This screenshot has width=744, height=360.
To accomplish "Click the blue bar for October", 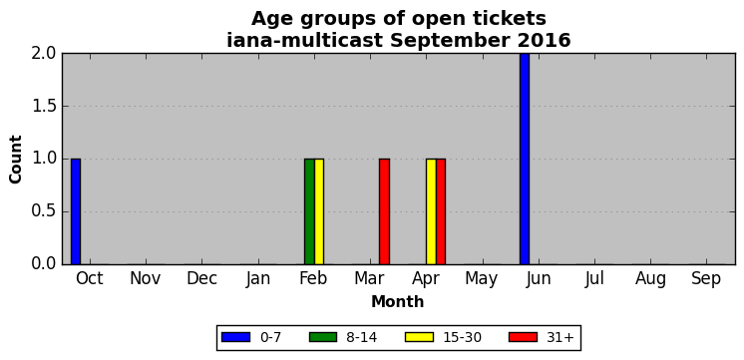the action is (76, 211).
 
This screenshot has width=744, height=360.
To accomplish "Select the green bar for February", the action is (309, 211).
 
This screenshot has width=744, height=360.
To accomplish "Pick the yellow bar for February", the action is (319, 211).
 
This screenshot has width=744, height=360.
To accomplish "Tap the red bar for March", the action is (384, 211).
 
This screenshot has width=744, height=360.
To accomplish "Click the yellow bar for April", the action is (431, 211).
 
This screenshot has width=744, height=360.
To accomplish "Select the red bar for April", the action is (441, 211).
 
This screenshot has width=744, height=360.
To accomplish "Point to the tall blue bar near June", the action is (525, 159).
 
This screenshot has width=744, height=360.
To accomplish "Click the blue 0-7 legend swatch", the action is (235, 337).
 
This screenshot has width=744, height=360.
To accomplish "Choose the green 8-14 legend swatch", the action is (323, 337).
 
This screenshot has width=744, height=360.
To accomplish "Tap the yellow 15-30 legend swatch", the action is (420, 337).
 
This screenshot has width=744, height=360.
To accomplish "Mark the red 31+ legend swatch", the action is (523, 337).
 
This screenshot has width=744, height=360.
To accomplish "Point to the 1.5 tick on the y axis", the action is (44, 107).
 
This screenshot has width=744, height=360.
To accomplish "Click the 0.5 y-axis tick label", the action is (44, 211).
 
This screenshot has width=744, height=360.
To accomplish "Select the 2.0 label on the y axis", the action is (44, 54).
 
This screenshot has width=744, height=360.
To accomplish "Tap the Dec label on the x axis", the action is (201, 279).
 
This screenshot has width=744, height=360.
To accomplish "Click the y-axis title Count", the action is (16, 160).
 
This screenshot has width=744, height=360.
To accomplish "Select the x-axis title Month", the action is (398, 301).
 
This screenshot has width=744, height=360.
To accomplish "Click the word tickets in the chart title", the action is (507, 19).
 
